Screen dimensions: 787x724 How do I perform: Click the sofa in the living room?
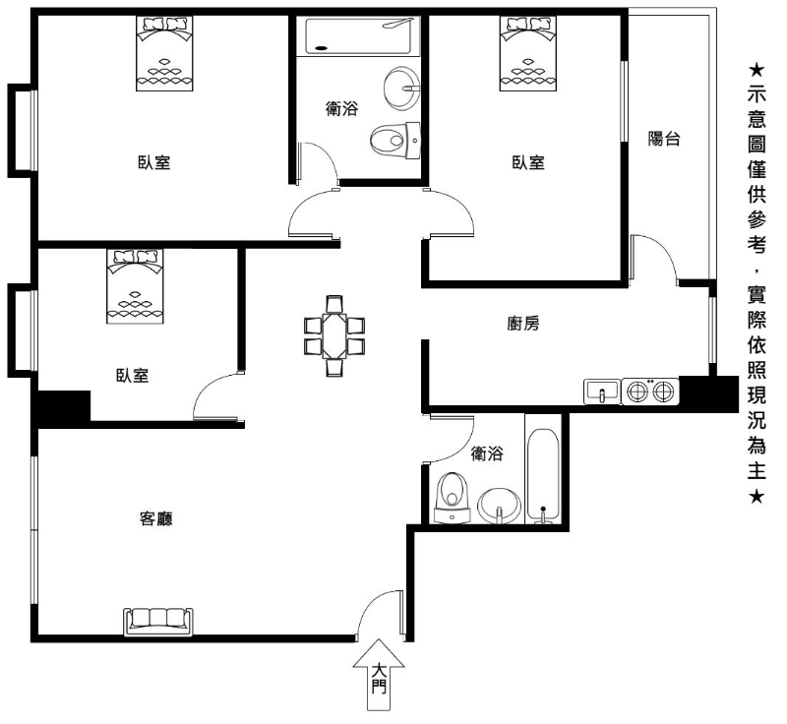158,622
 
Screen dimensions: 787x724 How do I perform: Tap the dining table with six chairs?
334,335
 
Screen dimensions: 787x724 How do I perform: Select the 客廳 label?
156,518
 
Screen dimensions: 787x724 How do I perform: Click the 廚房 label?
523,324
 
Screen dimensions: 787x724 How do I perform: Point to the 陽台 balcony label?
663,139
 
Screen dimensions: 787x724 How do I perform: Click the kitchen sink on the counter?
602,392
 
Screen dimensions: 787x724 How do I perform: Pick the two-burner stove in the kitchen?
650,392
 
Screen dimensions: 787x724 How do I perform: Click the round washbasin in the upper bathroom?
401,88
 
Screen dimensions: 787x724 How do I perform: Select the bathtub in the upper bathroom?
359,36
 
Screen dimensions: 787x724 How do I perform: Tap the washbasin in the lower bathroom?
500,506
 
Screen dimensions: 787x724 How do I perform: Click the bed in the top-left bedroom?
164,53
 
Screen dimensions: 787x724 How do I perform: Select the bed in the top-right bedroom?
528,53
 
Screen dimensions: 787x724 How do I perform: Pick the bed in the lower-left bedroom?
135,286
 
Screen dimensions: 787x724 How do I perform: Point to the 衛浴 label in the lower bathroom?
487,453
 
